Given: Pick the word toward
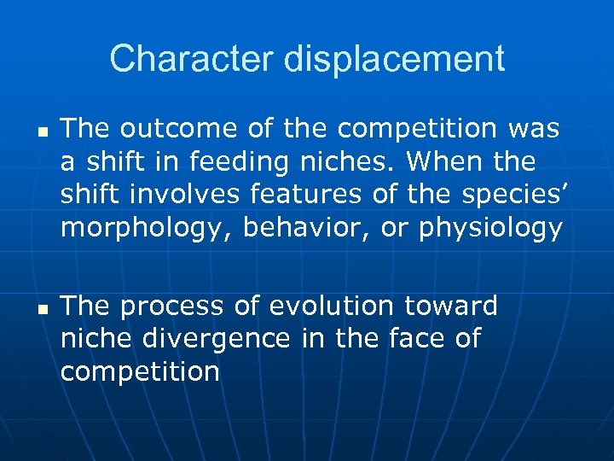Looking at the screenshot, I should point(451,306).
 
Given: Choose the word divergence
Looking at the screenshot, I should point(217,339).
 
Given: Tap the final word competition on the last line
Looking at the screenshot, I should point(141,372).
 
